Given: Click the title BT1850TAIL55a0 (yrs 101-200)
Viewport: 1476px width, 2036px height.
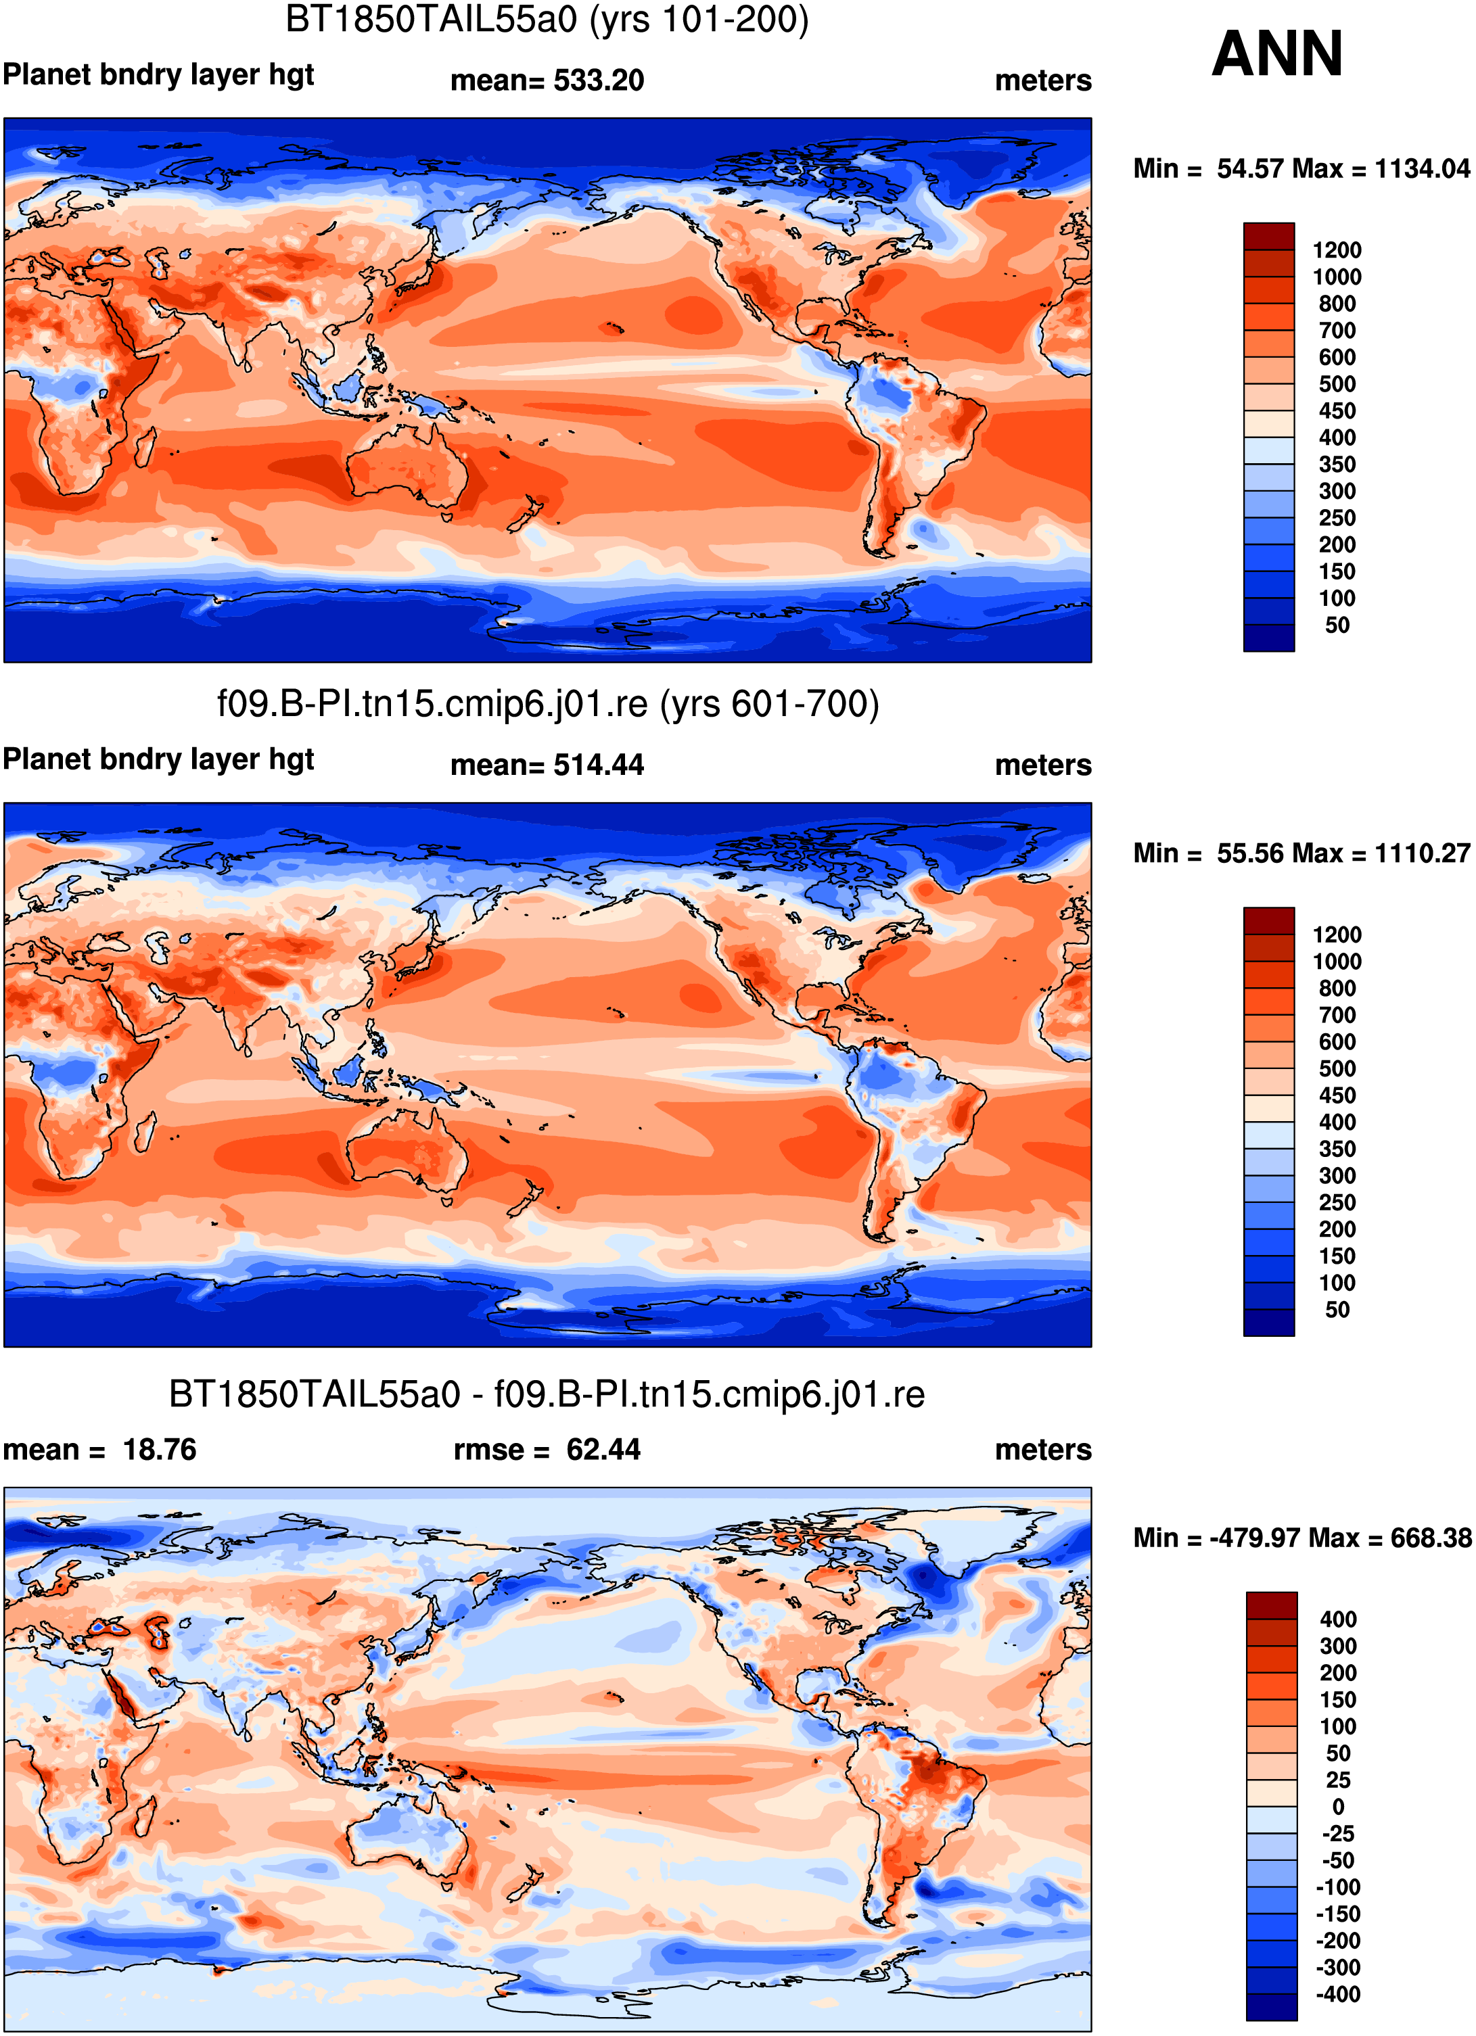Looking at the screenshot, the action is [x=547, y=20].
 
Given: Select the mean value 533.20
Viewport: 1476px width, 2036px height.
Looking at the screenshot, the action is [x=599, y=80].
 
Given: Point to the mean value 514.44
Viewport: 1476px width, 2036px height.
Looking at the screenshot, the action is [x=599, y=765].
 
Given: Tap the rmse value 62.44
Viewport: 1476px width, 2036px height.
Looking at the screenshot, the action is [x=603, y=1450].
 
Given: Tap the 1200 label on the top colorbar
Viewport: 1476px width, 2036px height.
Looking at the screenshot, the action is [x=1337, y=250].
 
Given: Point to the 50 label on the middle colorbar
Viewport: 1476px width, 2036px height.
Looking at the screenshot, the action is [x=1337, y=1310].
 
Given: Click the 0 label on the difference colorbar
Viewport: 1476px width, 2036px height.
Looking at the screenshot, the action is [x=1338, y=1806].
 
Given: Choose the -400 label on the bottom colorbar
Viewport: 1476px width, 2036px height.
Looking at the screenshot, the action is [x=1338, y=1994].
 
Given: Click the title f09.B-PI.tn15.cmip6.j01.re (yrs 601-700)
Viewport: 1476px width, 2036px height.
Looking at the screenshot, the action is [x=548, y=705].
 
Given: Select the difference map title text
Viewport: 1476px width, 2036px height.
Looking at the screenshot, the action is [x=547, y=1394].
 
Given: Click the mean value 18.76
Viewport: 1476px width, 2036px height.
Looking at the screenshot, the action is [x=159, y=1450].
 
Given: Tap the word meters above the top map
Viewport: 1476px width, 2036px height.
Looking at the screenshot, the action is [x=1043, y=80].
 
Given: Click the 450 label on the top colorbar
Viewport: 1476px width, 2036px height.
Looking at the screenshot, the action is [x=1337, y=411].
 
